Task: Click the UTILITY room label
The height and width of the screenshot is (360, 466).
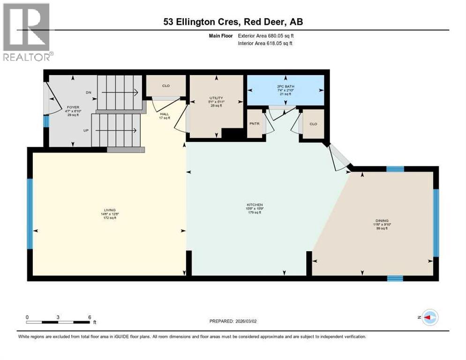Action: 215,98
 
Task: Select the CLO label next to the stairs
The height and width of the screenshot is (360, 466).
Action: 165,86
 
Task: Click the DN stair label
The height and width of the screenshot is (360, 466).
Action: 89,93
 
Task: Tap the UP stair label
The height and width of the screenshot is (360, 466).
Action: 86,130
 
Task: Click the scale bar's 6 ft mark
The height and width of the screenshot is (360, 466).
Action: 89,317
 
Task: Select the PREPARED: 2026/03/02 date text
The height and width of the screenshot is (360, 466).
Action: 233,321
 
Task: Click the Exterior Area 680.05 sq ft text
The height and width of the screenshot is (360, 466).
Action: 265,35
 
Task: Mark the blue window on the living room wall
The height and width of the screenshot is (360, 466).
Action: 30,213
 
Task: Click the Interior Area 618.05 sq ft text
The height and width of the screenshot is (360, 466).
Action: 265,43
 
